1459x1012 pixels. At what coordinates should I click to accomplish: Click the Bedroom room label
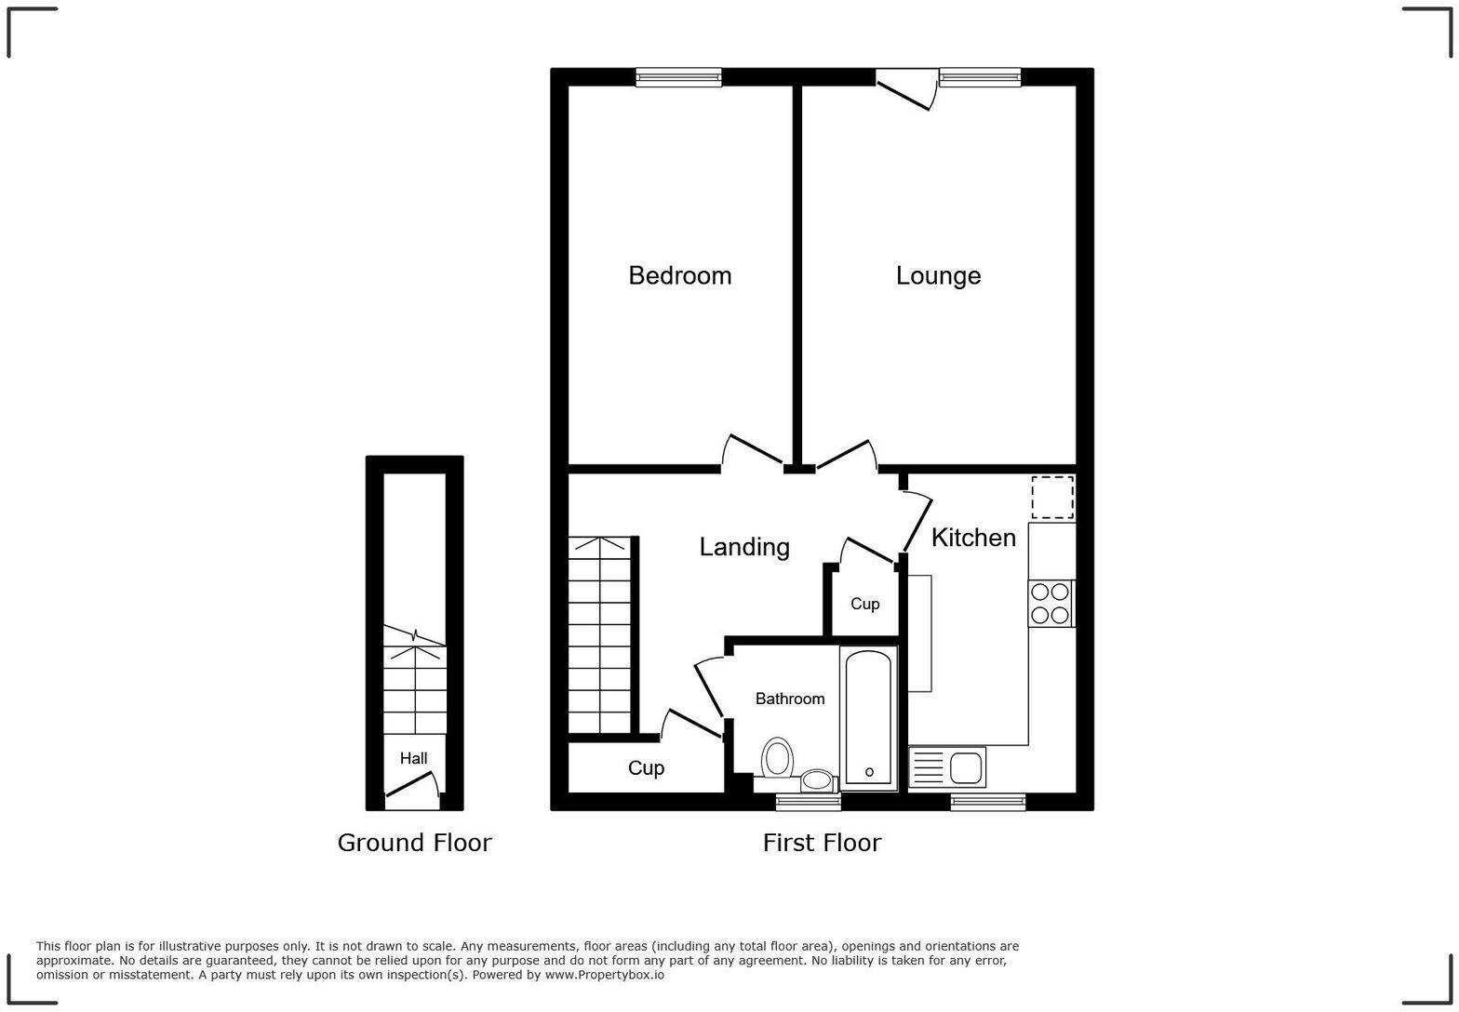point(679,275)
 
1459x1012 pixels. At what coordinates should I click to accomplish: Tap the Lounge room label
point(938,275)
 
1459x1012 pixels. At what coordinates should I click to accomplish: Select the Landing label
point(744,547)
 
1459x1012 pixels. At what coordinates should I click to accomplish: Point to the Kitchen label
point(973,538)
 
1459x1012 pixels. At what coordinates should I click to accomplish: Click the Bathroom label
point(789,699)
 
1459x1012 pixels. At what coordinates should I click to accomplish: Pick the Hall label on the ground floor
point(414,758)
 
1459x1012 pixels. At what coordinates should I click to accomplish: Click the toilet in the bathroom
point(777,758)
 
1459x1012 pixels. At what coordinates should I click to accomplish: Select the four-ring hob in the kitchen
point(1051,603)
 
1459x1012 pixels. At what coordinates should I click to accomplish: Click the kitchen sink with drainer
point(947,768)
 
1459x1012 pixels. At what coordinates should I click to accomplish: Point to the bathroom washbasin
point(817,779)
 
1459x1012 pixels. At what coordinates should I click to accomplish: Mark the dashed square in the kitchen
point(1052,497)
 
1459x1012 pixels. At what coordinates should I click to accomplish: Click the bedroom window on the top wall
point(678,77)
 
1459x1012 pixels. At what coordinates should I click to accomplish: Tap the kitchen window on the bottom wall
point(987,802)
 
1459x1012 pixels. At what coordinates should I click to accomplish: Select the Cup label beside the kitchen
point(864,604)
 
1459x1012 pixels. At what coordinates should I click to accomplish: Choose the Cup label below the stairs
point(646,768)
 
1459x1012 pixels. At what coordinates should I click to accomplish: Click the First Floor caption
point(822,843)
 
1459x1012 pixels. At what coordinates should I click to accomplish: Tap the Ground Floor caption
point(414,843)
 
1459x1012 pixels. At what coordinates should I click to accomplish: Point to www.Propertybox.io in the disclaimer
point(604,976)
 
